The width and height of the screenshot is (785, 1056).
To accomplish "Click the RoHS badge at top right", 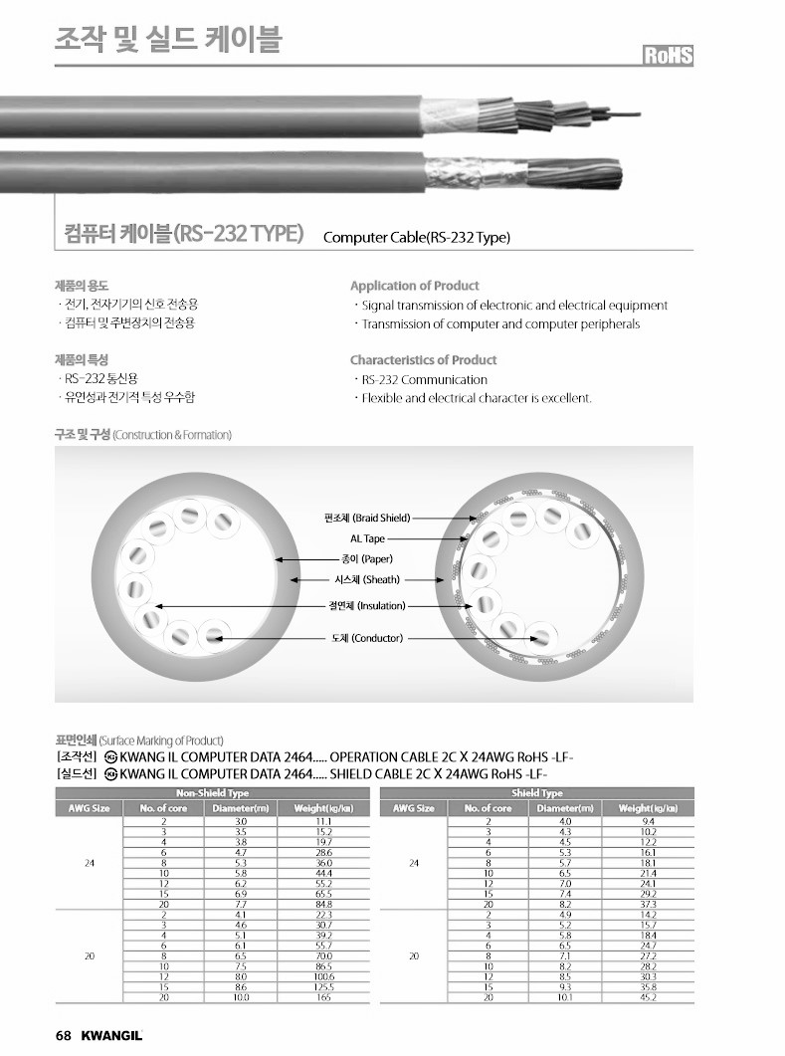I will point(667,56).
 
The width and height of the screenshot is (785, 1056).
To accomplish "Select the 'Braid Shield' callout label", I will point(367,518).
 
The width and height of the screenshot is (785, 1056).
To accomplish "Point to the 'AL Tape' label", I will point(367,538).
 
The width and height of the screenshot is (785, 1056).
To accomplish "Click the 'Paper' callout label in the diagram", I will point(367,559).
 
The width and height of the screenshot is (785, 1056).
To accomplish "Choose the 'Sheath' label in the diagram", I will point(367,579).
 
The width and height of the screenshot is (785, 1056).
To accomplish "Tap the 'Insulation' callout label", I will point(367,605).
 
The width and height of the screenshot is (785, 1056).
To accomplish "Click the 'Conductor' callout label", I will point(367,638).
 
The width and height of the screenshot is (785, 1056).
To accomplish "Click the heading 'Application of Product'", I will point(414,286).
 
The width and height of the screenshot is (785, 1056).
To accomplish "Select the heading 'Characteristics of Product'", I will point(423,360).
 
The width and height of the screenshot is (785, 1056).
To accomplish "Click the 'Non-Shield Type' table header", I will point(212,793).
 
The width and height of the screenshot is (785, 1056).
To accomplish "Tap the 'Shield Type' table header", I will point(537,793).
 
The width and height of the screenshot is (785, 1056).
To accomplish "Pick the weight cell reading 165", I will point(324,996).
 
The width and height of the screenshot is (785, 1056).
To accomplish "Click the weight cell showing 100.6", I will point(324,976).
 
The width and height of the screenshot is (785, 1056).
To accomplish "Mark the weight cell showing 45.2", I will point(649,996).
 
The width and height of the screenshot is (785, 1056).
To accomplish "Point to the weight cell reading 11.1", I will point(324,821).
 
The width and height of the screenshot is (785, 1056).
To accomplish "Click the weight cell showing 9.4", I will point(649,821).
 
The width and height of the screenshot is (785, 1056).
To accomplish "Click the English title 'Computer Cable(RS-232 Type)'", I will point(417,238).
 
